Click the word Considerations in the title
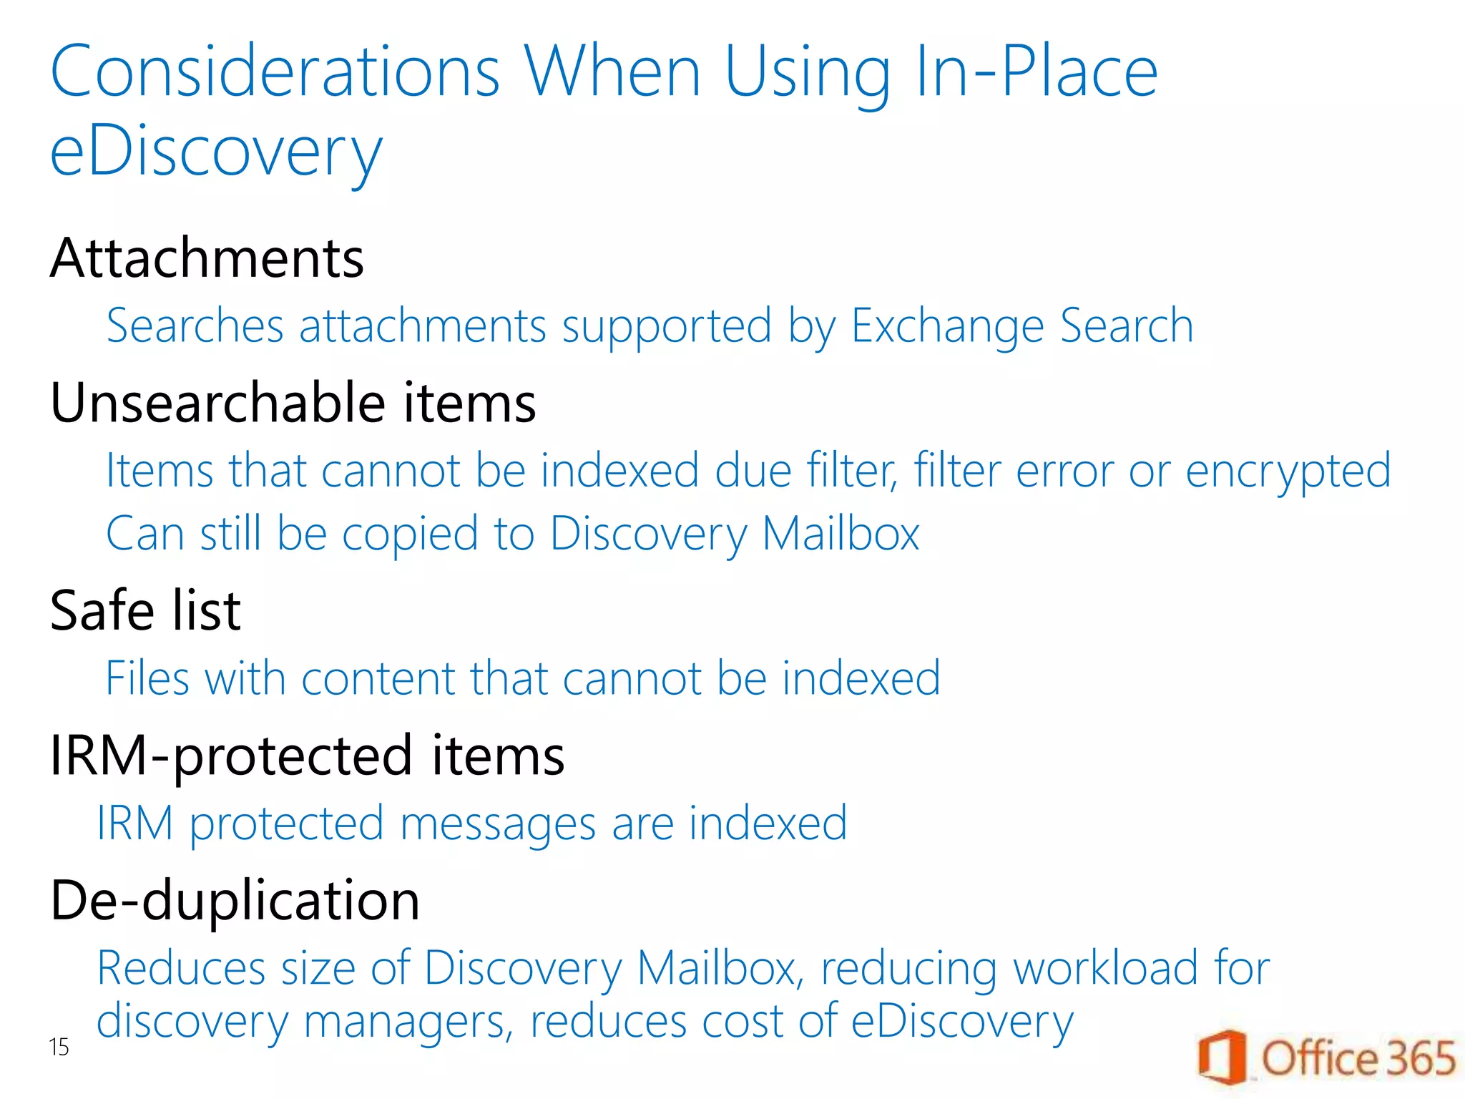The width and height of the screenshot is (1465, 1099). click(275, 72)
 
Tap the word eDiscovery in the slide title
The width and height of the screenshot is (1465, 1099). click(216, 152)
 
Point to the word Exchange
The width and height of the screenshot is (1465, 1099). click(947, 326)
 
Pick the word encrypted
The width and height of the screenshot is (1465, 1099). click(1288, 472)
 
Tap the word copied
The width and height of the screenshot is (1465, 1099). click(410, 534)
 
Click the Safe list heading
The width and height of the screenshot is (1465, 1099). click(145, 611)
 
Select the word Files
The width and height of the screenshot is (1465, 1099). click(147, 678)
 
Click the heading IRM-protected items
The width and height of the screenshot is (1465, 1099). click(307, 756)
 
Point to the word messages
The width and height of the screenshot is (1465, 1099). click(498, 824)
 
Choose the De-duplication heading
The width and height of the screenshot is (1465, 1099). click(235, 900)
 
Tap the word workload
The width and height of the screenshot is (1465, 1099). click(1105, 968)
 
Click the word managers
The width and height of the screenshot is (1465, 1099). click(408, 1022)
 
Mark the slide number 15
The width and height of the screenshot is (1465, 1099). click(59, 1047)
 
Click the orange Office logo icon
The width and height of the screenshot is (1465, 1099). click(1222, 1058)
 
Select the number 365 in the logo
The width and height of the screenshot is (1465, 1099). click(1421, 1058)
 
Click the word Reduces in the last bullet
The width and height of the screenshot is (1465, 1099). click(182, 968)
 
